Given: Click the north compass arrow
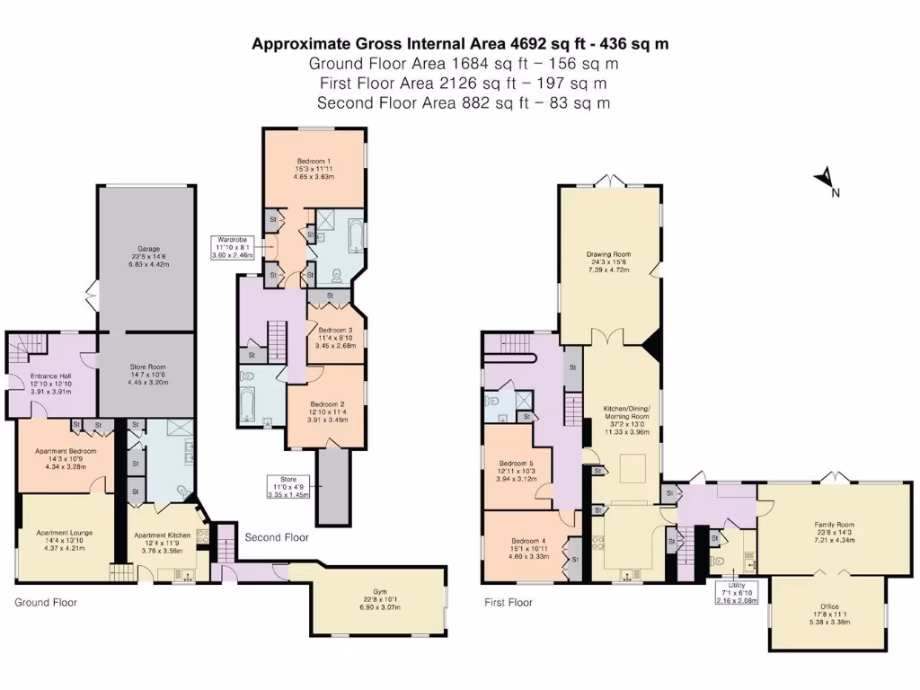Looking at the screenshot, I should click(x=825, y=181).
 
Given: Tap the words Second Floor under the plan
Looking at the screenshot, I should click(x=277, y=537).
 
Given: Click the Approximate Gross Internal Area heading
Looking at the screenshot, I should click(x=459, y=43).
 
